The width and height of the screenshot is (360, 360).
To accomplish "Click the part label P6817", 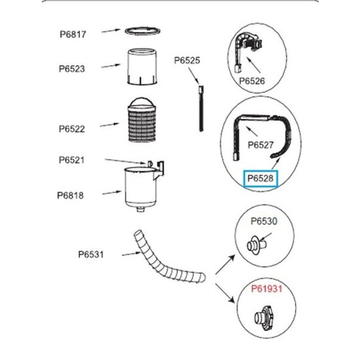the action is coord(73,35).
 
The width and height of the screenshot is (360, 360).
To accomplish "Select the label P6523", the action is coord(72,69).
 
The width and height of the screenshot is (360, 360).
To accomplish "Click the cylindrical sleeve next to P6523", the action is coord(142,67).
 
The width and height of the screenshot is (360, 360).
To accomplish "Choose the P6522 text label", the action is coord(72,129).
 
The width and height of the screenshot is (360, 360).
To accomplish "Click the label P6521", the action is coord(71,160).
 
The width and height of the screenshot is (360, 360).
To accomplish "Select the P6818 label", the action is coord(70,196).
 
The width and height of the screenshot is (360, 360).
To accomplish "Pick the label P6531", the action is coord(91,255).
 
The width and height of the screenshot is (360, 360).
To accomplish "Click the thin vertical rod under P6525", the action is coord(201,109).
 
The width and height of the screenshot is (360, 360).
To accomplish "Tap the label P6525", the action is coord(187,60).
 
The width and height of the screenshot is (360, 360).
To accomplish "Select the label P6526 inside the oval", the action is coord(252,81).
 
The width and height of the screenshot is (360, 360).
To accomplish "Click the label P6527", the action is coord(261,145).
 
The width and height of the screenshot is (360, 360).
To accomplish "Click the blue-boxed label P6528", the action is coord(261,179).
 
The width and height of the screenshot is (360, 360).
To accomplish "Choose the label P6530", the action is coord(264,221).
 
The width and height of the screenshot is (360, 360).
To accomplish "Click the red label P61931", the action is coord(267,289).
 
